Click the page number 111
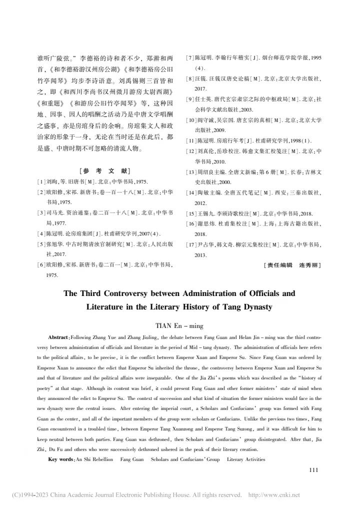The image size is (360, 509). click(x=313, y=469)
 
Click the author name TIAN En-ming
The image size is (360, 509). click(x=179, y=325)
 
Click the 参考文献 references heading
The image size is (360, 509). click(x=104, y=170)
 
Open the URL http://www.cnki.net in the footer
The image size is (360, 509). click(x=273, y=495)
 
